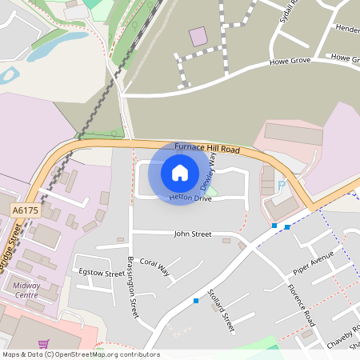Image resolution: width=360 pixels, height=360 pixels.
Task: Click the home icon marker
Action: tap(180, 172)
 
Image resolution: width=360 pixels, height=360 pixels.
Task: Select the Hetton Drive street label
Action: tap(190, 198)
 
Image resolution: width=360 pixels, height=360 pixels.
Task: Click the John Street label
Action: tap(192, 234)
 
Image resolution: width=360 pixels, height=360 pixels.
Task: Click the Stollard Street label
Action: tap(219, 311)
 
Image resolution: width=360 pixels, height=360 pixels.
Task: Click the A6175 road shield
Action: tap(25, 210)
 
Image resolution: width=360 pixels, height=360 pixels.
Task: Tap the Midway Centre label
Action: tap(26, 290)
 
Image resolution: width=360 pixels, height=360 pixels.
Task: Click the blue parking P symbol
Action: tap(281, 186)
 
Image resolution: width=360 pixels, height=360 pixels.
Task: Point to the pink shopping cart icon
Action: tap(44, 343)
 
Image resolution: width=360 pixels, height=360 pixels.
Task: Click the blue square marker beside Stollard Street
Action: tap(196, 301)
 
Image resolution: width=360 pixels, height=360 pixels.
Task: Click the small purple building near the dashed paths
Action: tap(197, 37)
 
